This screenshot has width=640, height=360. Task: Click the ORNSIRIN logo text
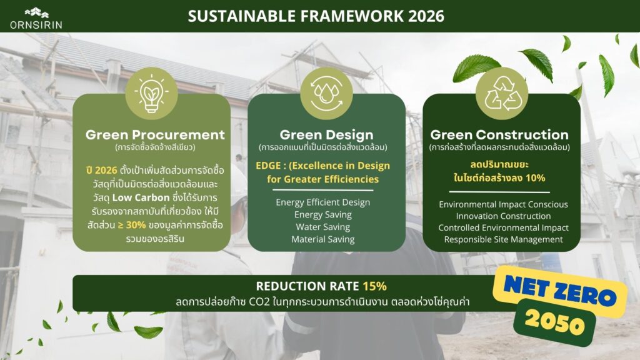[36, 25]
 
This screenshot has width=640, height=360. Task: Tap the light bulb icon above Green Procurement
[151, 94]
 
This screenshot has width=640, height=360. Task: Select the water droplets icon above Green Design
[326, 94]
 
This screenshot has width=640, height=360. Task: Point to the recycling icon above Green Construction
[502, 94]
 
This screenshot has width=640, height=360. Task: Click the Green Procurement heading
[155, 135]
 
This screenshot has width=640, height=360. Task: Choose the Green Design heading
[326, 135]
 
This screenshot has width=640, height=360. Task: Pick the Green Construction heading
[499, 135]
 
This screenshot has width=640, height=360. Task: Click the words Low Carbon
[141, 197]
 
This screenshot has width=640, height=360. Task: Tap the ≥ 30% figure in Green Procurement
[132, 225]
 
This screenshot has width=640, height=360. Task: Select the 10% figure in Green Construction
[535, 178]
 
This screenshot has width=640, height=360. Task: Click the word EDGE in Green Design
[268, 166]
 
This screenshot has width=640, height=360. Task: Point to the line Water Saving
[323, 227]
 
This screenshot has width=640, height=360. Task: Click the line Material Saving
[323, 239]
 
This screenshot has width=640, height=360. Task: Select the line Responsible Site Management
[503, 239]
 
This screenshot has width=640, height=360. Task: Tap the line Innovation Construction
[503, 216]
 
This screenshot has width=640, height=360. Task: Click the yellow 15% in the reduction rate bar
[375, 286]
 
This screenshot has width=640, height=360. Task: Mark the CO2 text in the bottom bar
[259, 302]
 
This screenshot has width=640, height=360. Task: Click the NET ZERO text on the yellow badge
[560, 291]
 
